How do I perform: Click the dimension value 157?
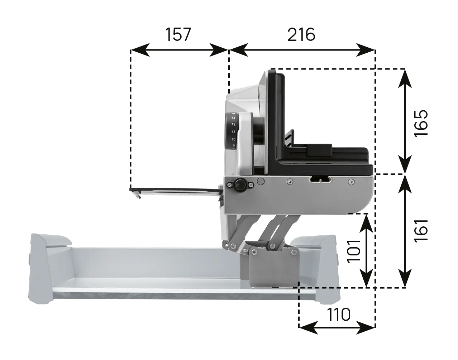(x=178, y=34)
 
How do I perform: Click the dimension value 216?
(x=301, y=34)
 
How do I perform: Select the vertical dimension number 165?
(x=421, y=124)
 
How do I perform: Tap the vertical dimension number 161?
(x=421, y=230)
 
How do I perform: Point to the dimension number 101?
(x=354, y=251)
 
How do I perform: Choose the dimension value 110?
(x=338, y=315)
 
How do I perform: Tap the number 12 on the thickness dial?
(x=233, y=124)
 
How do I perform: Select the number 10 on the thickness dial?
(x=233, y=139)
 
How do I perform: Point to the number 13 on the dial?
(x=233, y=117)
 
